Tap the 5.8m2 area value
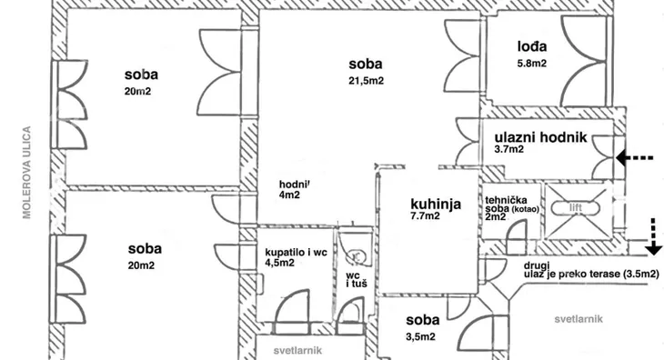pyautogui.click(x=530, y=64)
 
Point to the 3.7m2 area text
pyautogui.click(x=509, y=150)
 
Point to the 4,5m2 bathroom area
pyautogui.click(x=279, y=263)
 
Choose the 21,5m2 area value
pyautogui.click(x=366, y=80)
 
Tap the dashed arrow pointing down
pyautogui.click(x=652, y=236)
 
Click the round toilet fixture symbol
pyautogui.click(x=357, y=255)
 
